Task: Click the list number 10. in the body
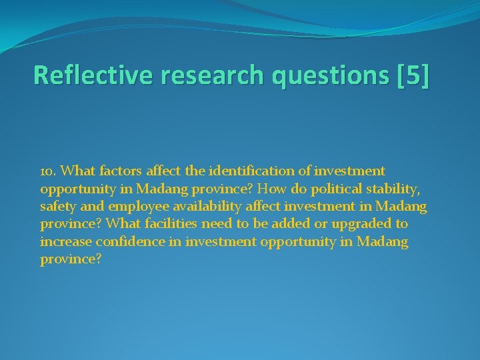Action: (x=49, y=172)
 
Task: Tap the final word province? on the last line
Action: (x=71, y=259)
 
